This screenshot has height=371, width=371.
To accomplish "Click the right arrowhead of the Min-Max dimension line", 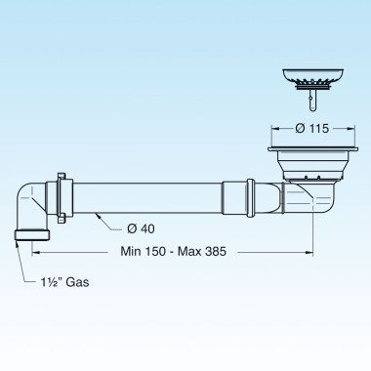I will pyautogui.click(x=310, y=251).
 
